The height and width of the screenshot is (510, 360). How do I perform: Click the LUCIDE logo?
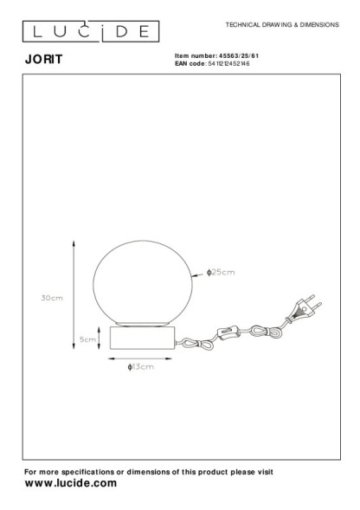click(x=91, y=31)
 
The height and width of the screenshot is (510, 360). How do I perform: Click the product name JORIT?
click(x=43, y=59)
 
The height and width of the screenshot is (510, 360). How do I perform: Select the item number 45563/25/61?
click(x=239, y=55)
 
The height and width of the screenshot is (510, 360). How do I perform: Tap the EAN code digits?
click(x=228, y=63)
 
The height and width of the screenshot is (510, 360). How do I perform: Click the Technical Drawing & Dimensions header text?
click(x=282, y=25)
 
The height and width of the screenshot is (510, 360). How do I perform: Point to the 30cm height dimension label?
click(x=52, y=298)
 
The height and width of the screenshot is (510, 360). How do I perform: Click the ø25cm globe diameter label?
click(x=221, y=272)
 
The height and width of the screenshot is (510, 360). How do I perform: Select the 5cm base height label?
click(x=87, y=339)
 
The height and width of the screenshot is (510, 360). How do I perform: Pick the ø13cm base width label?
click(x=140, y=367)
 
